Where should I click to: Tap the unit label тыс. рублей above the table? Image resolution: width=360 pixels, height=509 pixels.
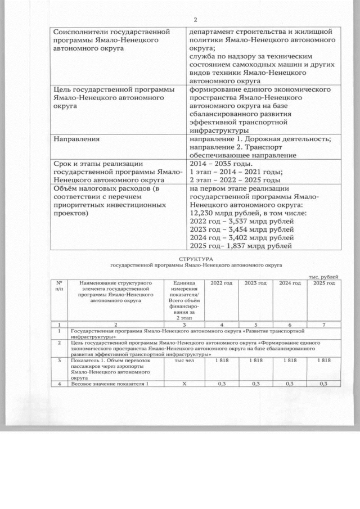pyautogui.click(x=325, y=276)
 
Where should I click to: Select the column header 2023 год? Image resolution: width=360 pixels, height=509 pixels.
pyautogui.click(x=256, y=282)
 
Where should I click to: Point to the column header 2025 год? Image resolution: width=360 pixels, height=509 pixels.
pyautogui.click(x=324, y=282)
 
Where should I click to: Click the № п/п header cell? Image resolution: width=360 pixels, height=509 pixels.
pyautogui.click(x=59, y=285)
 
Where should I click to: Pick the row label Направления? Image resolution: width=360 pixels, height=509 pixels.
pyautogui.click(x=76, y=138)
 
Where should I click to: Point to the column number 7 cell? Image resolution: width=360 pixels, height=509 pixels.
pyautogui.click(x=324, y=325)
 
